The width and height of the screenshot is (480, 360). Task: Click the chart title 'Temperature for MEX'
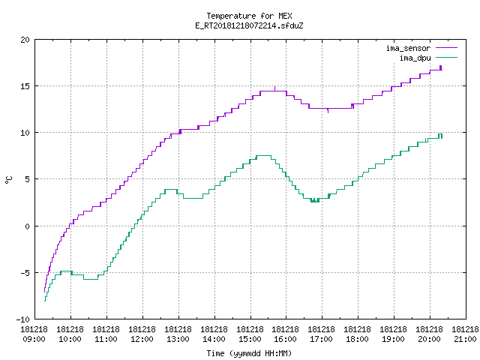[249, 16]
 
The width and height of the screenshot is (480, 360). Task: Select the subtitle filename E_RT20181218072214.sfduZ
[249, 25]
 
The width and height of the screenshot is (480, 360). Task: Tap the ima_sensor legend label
[408, 48]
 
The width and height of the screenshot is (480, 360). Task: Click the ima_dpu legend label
[415, 58]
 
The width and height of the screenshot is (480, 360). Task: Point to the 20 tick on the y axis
[25, 40]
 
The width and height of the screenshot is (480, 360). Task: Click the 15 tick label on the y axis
[25, 86]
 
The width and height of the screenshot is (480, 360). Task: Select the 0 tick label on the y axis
[28, 226]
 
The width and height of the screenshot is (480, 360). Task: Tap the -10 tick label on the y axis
[23, 319]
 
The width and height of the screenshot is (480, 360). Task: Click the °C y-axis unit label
[8, 180]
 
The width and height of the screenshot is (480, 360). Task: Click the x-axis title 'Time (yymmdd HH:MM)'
[249, 353]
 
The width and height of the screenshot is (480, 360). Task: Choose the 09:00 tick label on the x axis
[34, 339]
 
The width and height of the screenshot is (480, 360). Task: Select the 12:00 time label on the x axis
[142, 339]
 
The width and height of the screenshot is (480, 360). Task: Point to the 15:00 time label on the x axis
[250, 339]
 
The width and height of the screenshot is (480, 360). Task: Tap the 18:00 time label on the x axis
[358, 339]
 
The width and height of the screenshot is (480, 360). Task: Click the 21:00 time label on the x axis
[465, 339]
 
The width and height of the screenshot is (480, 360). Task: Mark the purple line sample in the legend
[447, 48]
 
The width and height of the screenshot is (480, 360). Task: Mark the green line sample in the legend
[447, 58]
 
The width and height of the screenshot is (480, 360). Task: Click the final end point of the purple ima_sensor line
[442, 70]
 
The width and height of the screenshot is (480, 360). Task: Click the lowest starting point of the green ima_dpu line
[45, 301]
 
